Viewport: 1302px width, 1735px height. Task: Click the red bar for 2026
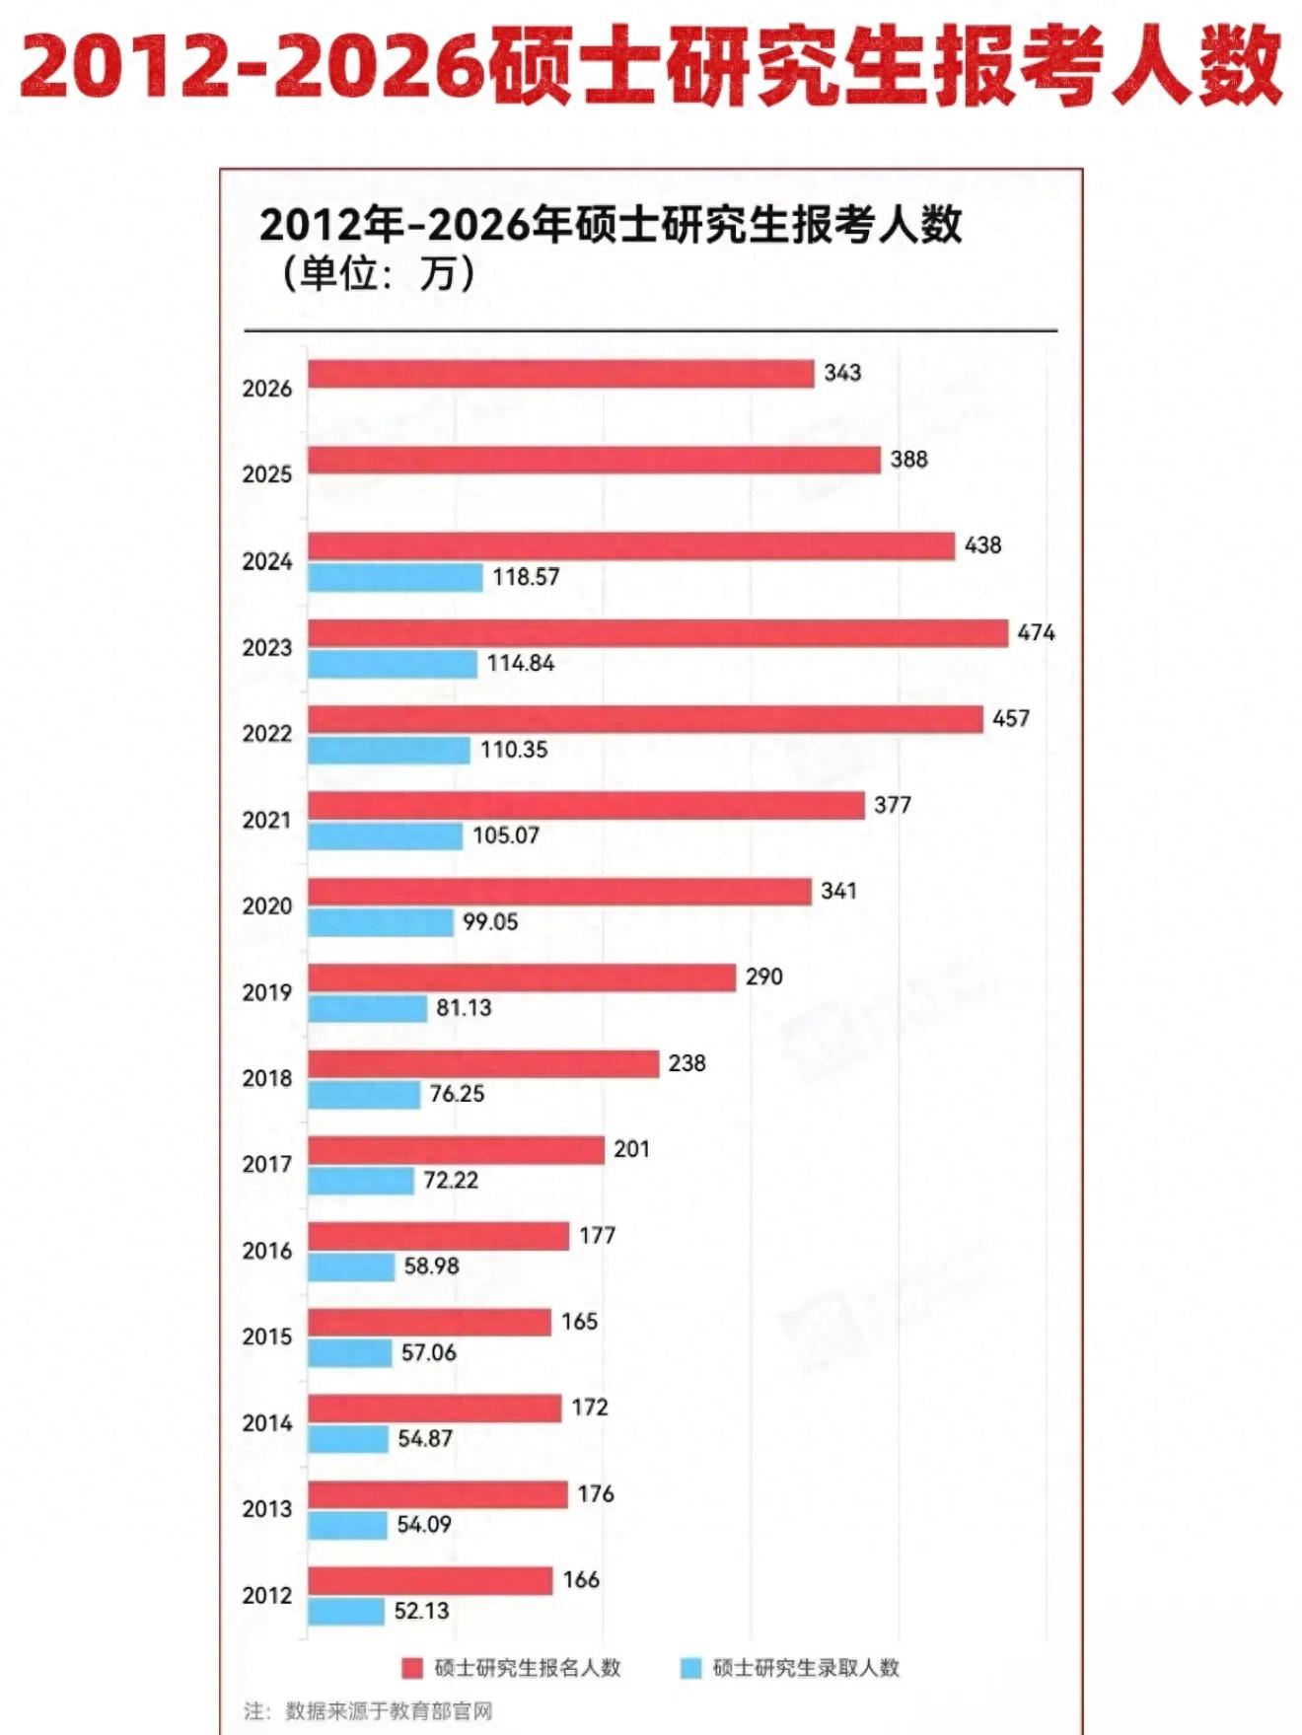[560, 374]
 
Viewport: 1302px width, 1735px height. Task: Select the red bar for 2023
[657, 633]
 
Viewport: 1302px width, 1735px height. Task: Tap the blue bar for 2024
[395, 577]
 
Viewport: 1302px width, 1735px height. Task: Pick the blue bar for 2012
[345, 1612]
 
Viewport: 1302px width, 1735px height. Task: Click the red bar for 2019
[521, 977]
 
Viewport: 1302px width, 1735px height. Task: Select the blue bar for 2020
[380, 922]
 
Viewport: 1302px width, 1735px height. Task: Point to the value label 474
[1036, 632]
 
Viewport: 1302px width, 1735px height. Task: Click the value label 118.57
[526, 577]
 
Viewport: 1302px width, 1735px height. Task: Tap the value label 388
[908, 460]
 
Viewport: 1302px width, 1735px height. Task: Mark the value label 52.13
[421, 1611]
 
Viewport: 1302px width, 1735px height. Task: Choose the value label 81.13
[464, 1008]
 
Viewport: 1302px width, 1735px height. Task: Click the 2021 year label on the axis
[267, 821]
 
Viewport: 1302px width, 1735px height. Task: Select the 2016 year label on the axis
[267, 1251]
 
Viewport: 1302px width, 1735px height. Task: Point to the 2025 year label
[267, 474]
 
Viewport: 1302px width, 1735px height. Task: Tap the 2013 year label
[267, 1509]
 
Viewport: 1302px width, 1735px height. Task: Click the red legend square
[412, 1668]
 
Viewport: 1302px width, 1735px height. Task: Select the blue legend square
[690, 1668]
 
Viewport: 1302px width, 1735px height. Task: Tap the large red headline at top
[651, 67]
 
